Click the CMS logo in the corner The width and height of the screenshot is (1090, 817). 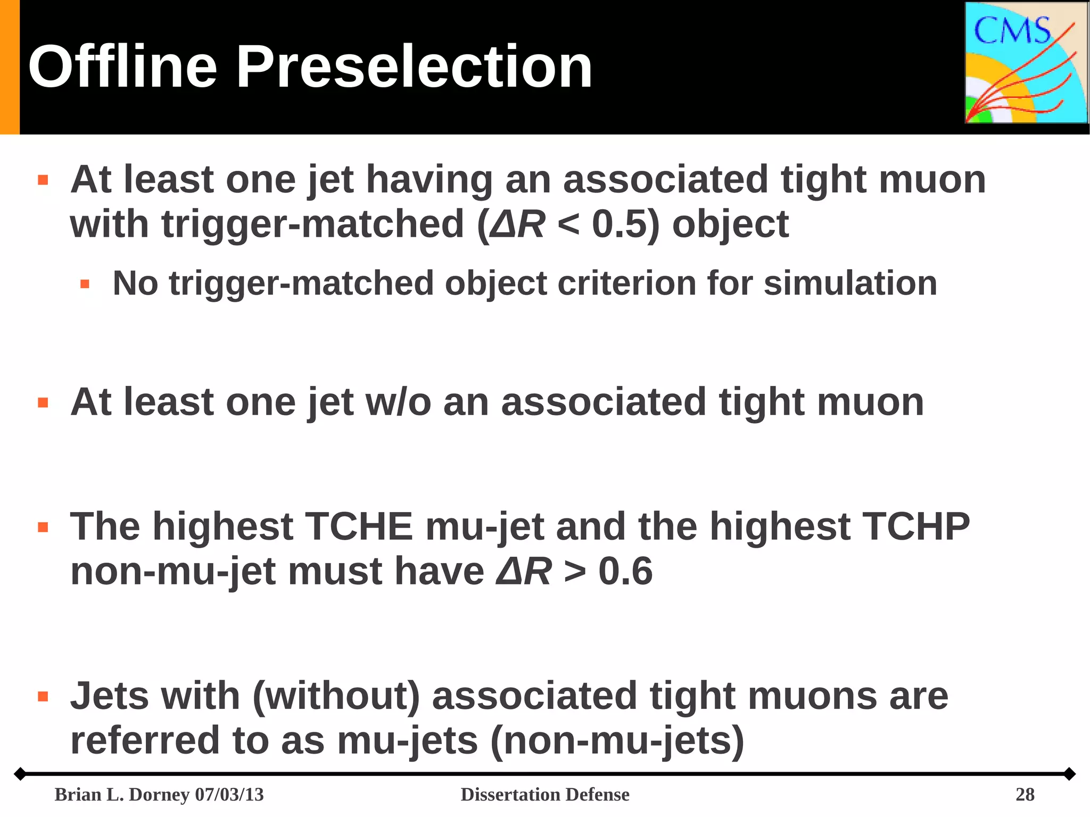1026,63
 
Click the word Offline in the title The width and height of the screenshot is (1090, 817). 122,67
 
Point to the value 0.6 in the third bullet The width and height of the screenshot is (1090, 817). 625,572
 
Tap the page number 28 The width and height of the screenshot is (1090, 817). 1025,795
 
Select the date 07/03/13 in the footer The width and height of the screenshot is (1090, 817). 229,795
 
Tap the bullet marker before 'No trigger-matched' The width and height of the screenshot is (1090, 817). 85,284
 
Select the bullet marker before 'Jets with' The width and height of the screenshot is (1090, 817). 43,696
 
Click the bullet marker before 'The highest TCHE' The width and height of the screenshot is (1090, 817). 43,527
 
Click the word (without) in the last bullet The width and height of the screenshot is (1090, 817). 336,696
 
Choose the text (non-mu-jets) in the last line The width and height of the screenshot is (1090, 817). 617,741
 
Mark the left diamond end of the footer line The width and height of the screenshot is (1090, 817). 20,774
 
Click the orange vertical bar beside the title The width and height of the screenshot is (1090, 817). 10,67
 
